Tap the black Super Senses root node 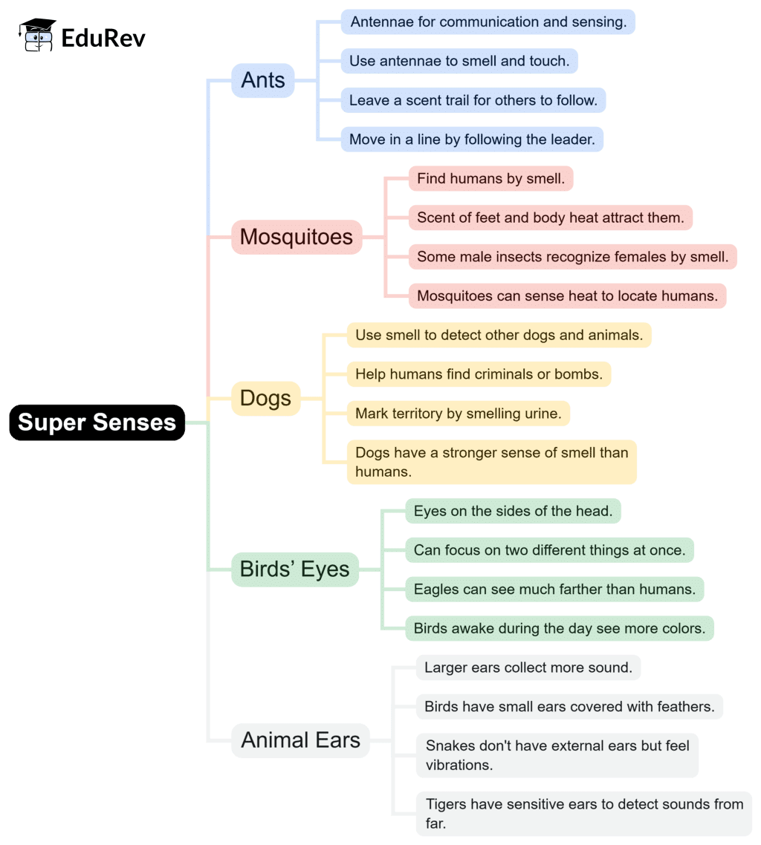[97, 422]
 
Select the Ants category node [263, 80]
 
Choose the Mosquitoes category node [296, 237]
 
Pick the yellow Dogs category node [265, 399]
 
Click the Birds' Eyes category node [294, 570]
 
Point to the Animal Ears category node [300, 740]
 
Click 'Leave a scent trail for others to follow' [473, 100]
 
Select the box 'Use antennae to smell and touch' [459, 61]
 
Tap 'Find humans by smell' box [490, 178]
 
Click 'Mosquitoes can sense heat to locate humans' [567, 296]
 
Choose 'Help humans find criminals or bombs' [479, 374]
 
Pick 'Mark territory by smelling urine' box [458, 414]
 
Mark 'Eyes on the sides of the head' [513, 511]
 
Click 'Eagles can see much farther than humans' [554, 590]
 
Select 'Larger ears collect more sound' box [528, 668]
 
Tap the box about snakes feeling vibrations [557, 754]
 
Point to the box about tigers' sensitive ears [583, 813]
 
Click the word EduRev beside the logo [103, 36]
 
